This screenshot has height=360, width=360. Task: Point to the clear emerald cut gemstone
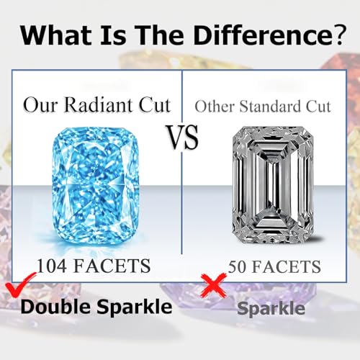[x=274, y=185]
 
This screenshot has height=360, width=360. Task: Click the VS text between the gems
[x=183, y=137]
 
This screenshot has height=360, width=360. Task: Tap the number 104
[x=52, y=266]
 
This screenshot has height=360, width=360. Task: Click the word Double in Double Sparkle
[x=57, y=307]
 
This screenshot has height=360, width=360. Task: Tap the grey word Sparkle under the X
[x=271, y=309]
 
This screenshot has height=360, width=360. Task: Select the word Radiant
[x=99, y=105]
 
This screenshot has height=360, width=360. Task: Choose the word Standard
[x=270, y=106]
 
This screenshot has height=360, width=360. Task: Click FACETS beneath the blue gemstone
[x=112, y=266]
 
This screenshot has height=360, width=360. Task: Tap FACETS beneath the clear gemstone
[x=287, y=266]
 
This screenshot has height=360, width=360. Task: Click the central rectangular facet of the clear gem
[x=274, y=185]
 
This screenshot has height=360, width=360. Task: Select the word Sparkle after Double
[x=135, y=307]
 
